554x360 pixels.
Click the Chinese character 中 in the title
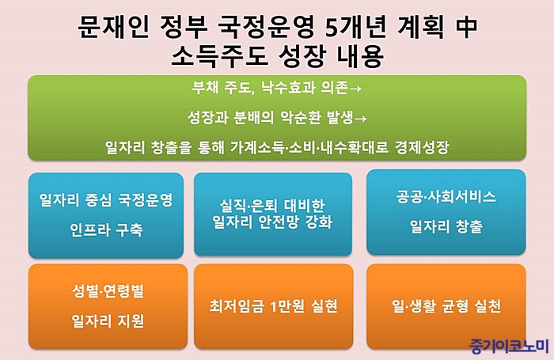click(x=465, y=27)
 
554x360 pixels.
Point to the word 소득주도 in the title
click(x=219, y=56)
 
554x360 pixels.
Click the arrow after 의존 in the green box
click(x=355, y=89)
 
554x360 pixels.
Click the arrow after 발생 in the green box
click(x=360, y=119)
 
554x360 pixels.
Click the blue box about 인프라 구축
click(x=106, y=215)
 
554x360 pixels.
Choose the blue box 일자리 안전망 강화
click(x=273, y=214)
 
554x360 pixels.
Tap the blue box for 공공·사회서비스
click(x=446, y=212)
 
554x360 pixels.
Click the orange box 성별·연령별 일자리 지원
click(x=108, y=306)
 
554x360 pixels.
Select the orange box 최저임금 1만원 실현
click(x=274, y=306)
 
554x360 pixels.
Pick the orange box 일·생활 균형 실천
click(x=446, y=306)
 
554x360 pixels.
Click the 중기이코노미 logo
click(x=509, y=346)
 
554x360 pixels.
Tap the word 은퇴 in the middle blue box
click(x=263, y=205)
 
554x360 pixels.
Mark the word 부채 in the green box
click(x=205, y=87)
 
